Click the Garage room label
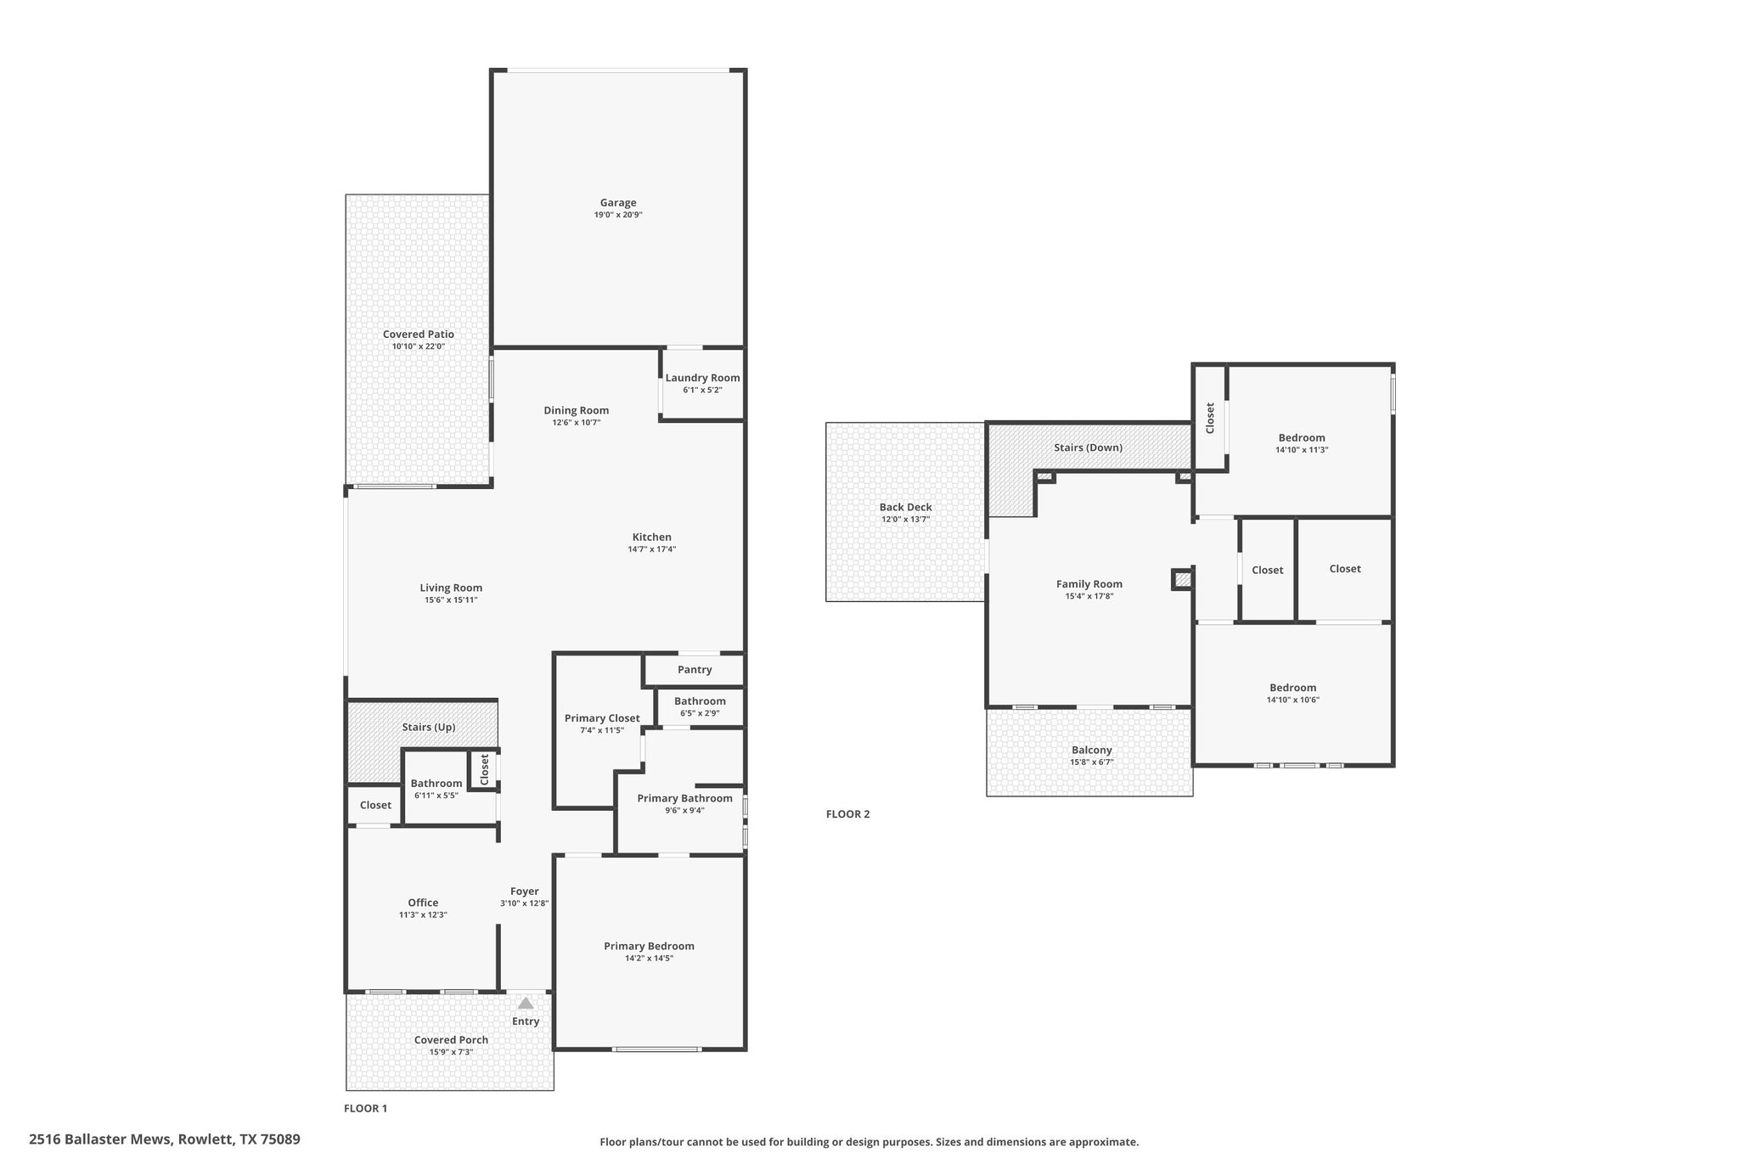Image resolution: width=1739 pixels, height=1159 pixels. [618, 203]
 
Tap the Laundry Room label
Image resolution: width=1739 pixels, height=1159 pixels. [702, 378]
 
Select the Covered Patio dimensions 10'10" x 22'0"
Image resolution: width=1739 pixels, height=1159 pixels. [419, 346]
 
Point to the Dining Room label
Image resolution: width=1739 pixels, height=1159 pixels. [577, 410]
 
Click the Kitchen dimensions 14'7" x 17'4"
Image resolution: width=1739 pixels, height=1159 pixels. [652, 549]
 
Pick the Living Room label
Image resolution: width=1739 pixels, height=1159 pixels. [451, 588]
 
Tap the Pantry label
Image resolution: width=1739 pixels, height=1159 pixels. [695, 670]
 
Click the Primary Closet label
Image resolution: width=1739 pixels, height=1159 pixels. [602, 718]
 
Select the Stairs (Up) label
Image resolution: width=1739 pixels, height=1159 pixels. [429, 728]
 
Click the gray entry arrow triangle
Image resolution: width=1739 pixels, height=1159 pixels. [526, 1003]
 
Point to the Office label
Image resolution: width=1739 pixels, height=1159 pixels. [423, 903]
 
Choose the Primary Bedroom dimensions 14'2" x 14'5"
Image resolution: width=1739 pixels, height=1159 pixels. [649, 959]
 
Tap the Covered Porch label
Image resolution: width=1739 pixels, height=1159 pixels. [451, 1040]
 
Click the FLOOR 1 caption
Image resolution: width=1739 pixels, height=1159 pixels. [365, 1108]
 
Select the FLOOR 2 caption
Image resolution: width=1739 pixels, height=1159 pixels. [847, 814]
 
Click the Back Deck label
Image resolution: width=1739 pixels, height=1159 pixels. [905, 508]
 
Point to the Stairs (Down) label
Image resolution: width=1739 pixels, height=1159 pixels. [1088, 447]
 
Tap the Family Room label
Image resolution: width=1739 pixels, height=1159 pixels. [1089, 584]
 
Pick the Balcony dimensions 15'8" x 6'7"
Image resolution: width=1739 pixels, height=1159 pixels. [1091, 762]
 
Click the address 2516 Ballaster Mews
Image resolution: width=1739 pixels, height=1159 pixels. [101, 1139]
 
